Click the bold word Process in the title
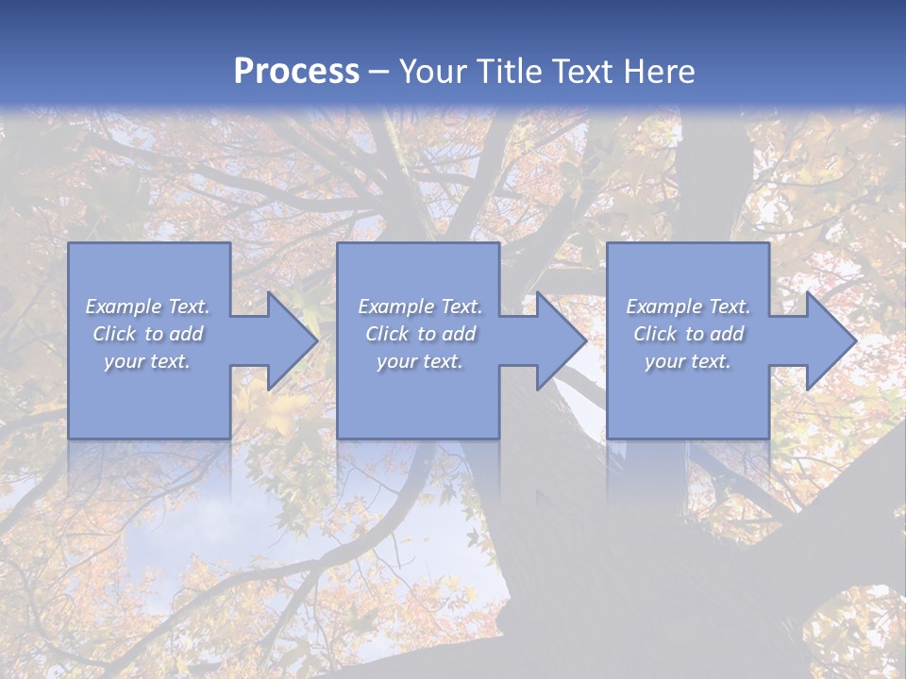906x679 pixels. (296, 72)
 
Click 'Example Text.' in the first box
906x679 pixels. (147, 306)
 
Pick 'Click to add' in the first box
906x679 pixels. (147, 334)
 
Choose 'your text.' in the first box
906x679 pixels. (147, 361)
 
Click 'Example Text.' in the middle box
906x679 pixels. (420, 306)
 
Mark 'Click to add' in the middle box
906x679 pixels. (420, 334)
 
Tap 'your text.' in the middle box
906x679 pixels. (420, 361)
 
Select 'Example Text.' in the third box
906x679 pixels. (688, 306)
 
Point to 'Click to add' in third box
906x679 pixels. (688, 334)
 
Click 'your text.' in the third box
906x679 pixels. (688, 361)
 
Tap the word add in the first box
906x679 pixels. (186, 334)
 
